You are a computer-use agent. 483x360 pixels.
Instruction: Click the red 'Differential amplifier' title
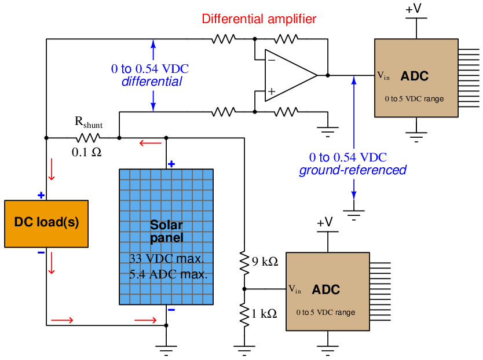[x=259, y=19]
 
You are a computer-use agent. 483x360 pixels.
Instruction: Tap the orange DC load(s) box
[x=46, y=224]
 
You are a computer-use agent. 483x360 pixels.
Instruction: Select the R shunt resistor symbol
[x=88, y=138]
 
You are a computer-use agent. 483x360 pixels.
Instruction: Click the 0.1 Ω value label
[x=86, y=152]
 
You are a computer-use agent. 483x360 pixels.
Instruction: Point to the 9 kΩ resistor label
[x=265, y=262]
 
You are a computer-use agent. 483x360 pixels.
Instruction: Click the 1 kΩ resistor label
[x=264, y=314]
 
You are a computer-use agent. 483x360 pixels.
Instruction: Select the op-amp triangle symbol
[x=291, y=75]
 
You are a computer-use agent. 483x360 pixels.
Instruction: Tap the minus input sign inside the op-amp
[x=272, y=60]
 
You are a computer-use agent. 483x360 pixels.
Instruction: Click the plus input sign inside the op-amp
[x=272, y=91]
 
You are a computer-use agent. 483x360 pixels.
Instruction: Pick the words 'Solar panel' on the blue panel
[x=166, y=232]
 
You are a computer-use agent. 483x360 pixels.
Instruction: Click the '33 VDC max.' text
[x=166, y=259]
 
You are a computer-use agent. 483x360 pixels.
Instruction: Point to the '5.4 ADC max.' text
[x=168, y=274]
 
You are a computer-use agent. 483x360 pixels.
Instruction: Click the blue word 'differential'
[x=152, y=82]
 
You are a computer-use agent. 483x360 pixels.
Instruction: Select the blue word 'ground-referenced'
[x=353, y=170]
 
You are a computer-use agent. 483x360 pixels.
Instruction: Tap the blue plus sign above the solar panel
[x=171, y=164]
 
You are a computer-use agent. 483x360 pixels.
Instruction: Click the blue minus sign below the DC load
[x=41, y=253]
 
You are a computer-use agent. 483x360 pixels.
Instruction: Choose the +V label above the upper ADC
[x=414, y=9]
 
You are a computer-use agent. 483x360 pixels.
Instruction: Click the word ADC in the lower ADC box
[x=326, y=289]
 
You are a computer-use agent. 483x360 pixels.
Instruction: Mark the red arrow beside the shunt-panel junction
[x=151, y=143]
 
